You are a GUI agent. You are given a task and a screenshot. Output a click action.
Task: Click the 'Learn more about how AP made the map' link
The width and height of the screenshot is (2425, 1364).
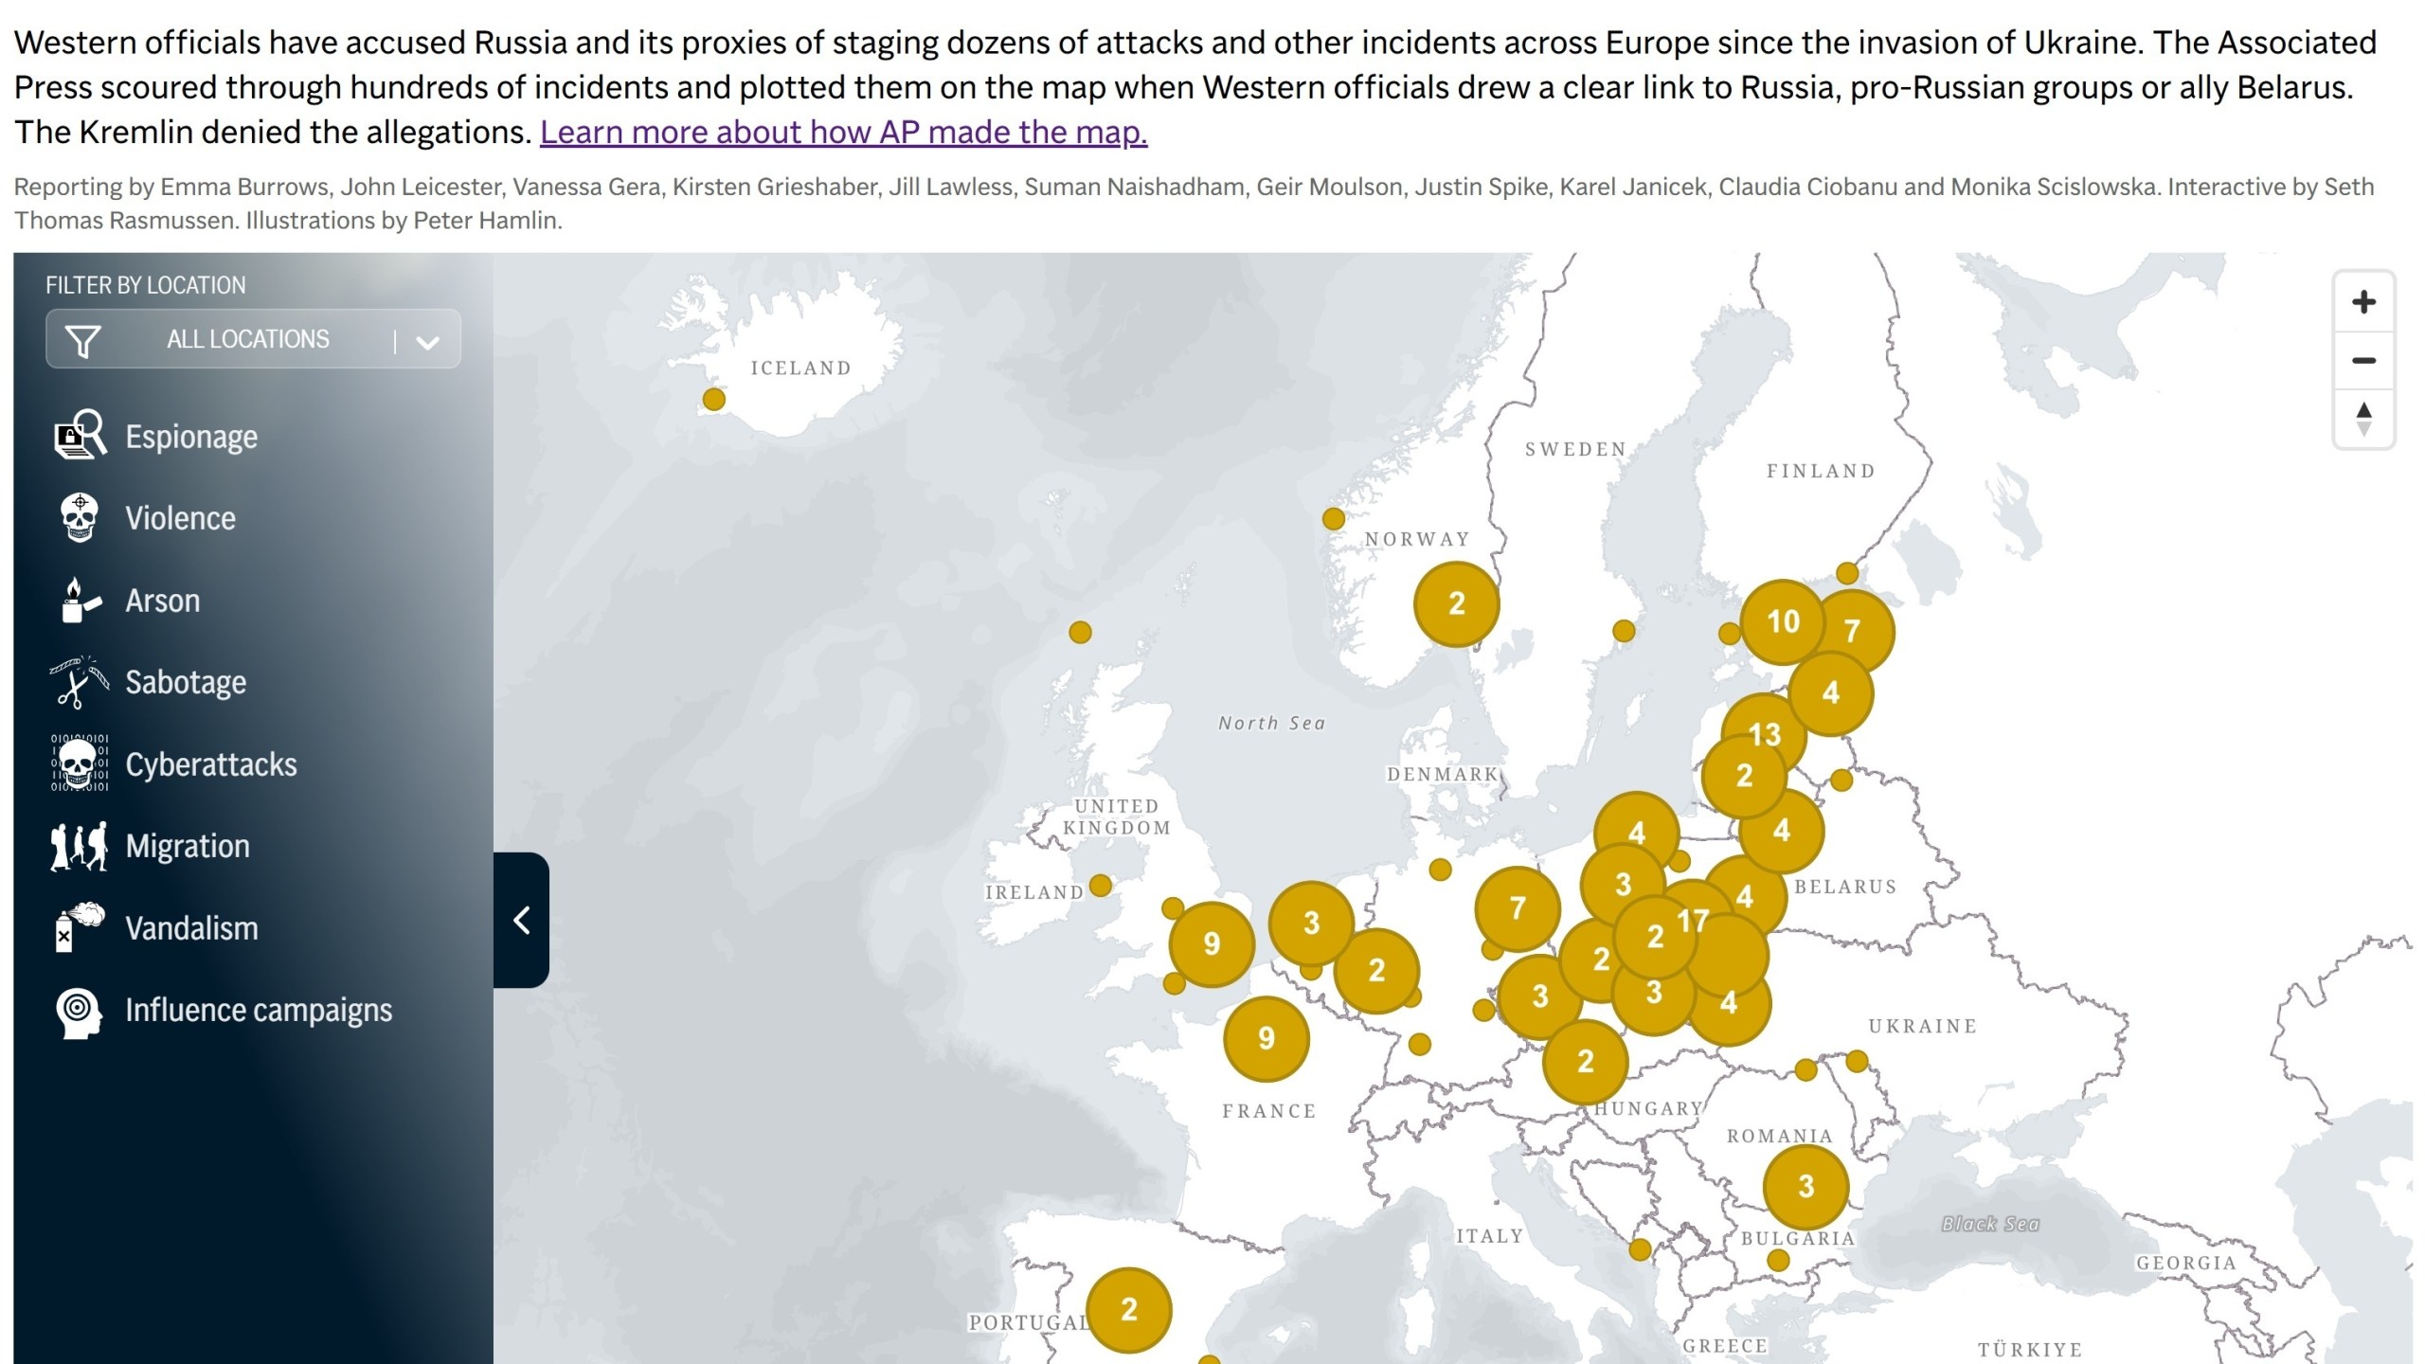click(843, 132)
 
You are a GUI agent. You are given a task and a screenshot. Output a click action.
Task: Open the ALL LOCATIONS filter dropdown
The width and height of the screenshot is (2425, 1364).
click(253, 339)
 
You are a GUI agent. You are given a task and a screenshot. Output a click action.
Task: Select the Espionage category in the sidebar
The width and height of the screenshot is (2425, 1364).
click(190, 437)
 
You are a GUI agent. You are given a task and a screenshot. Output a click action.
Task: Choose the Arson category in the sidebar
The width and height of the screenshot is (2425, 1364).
click(162, 601)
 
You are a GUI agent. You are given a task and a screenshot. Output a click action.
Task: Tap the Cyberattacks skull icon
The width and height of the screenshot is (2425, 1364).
click(80, 763)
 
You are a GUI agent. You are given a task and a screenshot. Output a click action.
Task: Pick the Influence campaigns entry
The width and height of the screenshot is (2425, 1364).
click(258, 1010)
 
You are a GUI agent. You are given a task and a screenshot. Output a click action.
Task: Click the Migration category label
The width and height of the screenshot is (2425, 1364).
click(188, 846)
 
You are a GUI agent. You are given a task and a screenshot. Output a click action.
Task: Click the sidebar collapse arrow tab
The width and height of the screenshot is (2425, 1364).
click(521, 920)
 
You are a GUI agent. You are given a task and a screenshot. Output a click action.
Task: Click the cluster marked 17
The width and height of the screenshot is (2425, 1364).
click(1694, 920)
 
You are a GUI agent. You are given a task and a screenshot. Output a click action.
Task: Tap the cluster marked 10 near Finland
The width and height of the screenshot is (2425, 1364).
click(1783, 621)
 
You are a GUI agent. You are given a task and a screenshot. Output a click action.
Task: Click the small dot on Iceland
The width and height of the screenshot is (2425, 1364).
click(714, 400)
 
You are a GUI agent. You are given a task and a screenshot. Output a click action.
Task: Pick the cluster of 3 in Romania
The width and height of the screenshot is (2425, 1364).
click(1805, 1186)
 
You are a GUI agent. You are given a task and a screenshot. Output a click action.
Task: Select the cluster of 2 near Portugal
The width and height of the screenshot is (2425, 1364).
click(1128, 1309)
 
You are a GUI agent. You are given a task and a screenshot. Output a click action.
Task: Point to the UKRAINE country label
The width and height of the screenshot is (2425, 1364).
click(1922, 1026)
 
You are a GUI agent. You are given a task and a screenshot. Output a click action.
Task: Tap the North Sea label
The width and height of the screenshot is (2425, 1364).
click(1271, 724)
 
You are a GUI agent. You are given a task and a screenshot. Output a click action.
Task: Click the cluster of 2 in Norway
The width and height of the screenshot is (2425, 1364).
click(1456, 603)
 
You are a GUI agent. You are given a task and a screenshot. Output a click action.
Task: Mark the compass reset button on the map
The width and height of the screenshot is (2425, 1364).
click(2363, 418)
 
